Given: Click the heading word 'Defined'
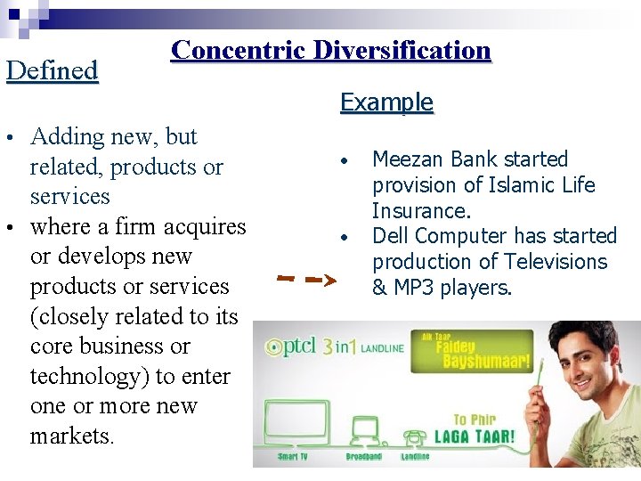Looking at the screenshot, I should (52, 70).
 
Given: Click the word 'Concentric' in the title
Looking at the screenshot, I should (232, 50).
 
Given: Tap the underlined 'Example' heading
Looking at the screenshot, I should (386, 102).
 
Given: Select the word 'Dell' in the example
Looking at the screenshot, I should (389, 236).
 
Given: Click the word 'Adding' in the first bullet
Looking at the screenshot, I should (68, 136).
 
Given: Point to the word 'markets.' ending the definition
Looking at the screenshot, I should (72, 436).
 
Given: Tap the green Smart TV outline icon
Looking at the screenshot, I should (293, 419).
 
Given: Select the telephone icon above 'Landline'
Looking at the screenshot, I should (415, 436).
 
